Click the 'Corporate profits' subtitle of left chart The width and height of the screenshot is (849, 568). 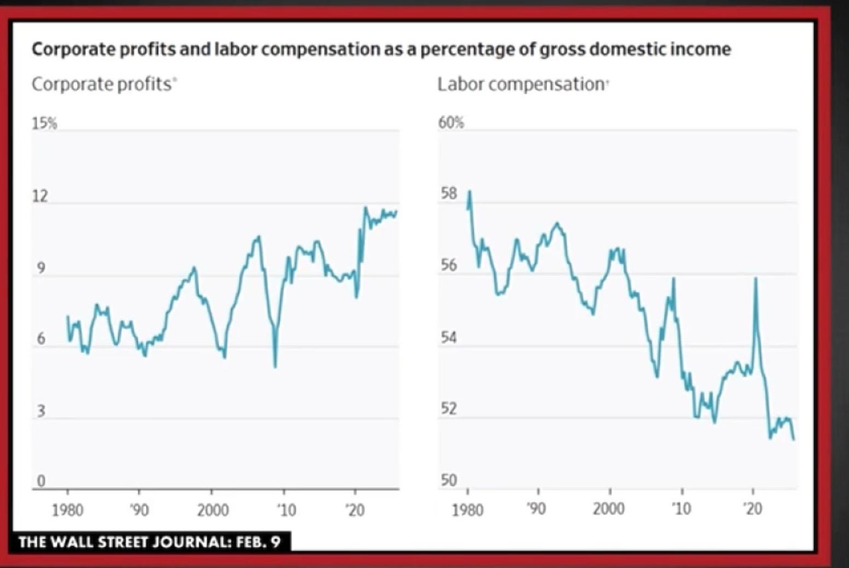(x=102, y=84)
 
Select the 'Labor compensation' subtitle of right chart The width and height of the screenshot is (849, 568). (x=521, y=84)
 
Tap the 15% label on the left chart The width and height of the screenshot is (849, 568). (x=44, y=124)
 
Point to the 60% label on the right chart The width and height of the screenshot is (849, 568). (x=451, y=123)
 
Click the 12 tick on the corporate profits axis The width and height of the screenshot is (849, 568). (x=40, y=196)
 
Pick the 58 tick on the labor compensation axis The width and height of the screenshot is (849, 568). (x=449, y=194)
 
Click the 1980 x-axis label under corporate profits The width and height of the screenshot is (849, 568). (x=68, y=510)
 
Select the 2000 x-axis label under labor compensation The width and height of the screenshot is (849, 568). (x=608, y=509)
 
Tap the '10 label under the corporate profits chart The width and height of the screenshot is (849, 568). (x=286, y=510)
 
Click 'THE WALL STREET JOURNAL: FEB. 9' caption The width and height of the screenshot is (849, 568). (x=149, y=542)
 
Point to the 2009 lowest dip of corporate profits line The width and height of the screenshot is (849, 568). (x=275, y=366)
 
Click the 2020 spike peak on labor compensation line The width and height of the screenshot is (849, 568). (x=755, y=278)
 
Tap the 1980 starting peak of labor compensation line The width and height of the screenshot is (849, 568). (x=469, y=191)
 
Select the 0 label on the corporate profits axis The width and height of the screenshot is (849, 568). (x=40, y=481)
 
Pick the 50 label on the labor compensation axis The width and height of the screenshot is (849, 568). (x=449, y=480)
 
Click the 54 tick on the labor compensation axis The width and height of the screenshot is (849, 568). (x=449, y=337)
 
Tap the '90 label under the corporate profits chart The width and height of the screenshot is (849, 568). (x=139, y=510)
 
